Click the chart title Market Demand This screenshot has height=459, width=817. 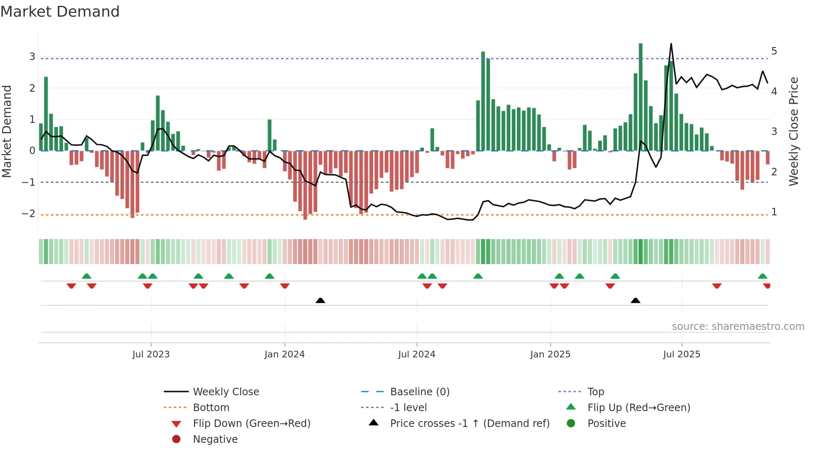(60, 12)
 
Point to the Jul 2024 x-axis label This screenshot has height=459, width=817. (416, 354)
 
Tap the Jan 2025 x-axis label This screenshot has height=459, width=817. (550, 354)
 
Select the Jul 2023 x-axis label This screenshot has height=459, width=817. (151, 354)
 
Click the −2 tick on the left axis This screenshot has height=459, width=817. (28, 214)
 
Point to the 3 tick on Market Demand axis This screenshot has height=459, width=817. (32, 56)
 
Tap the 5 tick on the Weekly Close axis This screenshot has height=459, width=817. (774, 51)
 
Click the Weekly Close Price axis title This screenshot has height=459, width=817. (794, 131)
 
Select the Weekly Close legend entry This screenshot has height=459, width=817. (226, 392)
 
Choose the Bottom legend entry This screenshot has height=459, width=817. (211, 408)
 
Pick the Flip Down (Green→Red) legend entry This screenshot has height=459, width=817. (251, 424)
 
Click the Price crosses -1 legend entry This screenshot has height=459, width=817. (469, 424)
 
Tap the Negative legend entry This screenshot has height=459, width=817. (215, 439)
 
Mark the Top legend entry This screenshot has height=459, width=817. (596, 392)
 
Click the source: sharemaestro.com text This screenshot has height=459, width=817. (738, 327)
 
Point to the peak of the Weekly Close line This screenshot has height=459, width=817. (671, 44)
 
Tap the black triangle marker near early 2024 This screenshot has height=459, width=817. (320, 300)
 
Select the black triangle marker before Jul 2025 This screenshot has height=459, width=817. (635, 300)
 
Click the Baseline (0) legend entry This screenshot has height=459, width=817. (419, 392)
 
